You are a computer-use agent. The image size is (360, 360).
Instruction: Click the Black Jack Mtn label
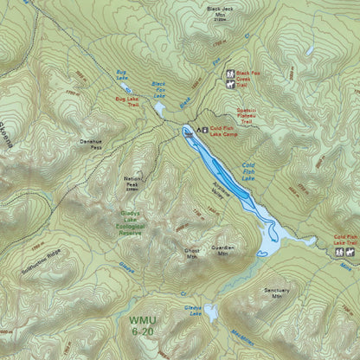(x=220, y=11)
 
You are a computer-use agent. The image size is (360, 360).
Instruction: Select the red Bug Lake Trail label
(x=122, y=103)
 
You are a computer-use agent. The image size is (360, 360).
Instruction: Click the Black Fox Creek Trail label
(x=248, y=79)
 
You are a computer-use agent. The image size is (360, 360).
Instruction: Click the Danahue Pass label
(x=91, y=146)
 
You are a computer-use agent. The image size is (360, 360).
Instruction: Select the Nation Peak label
(x=132, y=183)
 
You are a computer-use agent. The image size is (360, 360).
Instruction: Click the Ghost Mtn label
(x=191, y=253)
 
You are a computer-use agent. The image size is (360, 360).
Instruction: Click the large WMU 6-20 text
(x=145, y=325)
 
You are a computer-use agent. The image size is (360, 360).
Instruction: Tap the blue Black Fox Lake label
(x=158, y=89)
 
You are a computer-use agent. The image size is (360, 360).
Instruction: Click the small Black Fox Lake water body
(x=160, y=109)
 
